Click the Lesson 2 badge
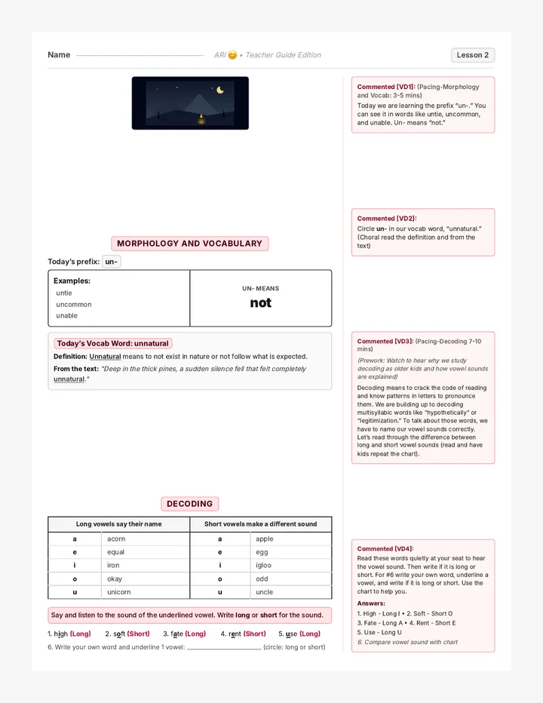coord(473,55)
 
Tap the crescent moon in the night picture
coord(220,90)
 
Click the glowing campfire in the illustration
coord(201,119)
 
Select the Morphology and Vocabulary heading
coord(189,244)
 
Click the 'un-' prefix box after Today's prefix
coord(111,262)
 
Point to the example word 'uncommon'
coord(74,305)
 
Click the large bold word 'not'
coord(260,303)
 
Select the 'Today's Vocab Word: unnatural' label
coord(113,343)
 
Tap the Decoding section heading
coord(189,504)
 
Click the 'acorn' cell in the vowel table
coord(116,539)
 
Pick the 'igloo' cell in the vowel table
coord(264,566)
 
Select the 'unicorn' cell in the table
coord(119,592)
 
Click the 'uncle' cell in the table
coord(264,592)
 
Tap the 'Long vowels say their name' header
coord(119,524)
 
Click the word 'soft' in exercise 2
coord(119,634)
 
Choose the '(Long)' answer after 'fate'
coord(195,634)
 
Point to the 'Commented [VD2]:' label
coord(387,218)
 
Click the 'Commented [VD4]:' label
coord(385,549)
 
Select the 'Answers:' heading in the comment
coord(371,603)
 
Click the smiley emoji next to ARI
coord(232,55)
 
